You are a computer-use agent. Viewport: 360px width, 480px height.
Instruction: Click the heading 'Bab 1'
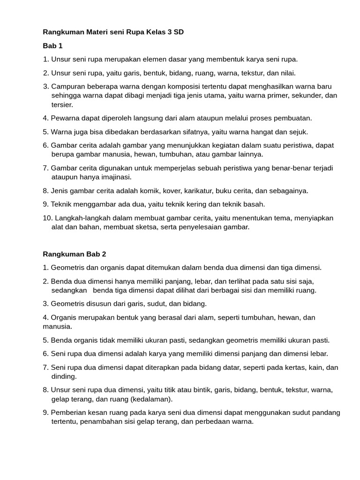point(52,46)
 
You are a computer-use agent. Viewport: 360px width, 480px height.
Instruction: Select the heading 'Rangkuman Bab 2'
point(75,254)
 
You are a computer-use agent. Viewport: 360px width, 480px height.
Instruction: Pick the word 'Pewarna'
point(65,118)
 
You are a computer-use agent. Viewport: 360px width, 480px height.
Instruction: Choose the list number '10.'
point(47,218)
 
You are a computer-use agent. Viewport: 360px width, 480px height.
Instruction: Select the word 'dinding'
point(63,376)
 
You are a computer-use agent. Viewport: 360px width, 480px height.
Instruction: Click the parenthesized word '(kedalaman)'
point(153,399)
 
